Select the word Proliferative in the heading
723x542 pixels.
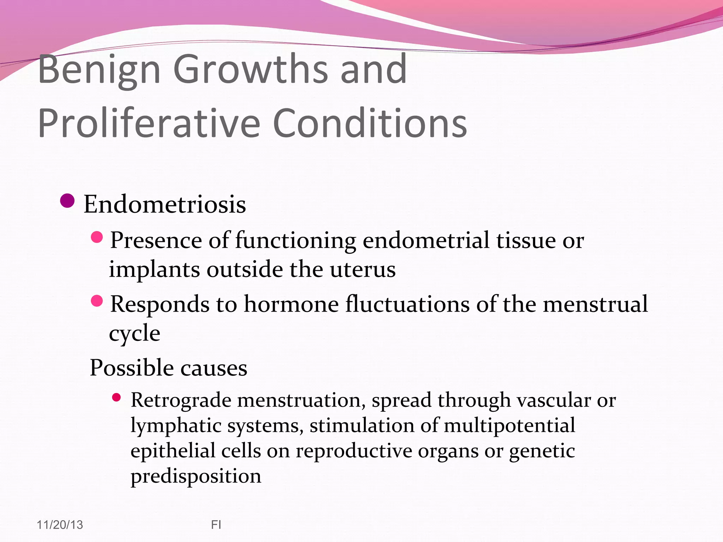tap(149, 124)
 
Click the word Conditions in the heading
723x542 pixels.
tap(370, 124)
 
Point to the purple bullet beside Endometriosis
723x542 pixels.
tap(67, 201)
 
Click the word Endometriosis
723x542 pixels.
tap(165, 205)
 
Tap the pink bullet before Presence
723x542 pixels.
tap(97, 237)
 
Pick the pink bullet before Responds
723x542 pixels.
tap(97, 301)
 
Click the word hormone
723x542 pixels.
tap(291, 304)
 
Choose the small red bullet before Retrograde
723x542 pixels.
tap(116, 398)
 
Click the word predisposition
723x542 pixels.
tap(196, 476)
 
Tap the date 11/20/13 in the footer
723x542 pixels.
tap(60, 525)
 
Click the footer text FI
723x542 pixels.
tap(216, 525)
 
